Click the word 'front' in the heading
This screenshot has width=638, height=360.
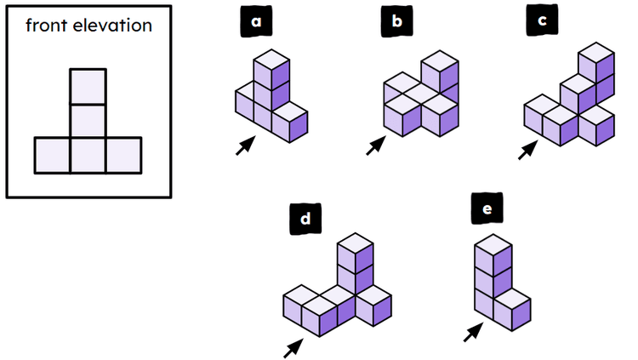47,26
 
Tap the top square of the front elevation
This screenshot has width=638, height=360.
88,86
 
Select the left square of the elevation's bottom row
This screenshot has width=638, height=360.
52,156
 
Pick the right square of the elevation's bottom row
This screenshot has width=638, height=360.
124,156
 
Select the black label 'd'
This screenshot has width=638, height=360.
304,220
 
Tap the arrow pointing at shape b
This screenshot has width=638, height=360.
375,146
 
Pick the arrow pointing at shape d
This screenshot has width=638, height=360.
293,346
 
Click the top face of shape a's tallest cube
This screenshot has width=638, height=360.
273,59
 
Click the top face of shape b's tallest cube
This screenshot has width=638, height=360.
440,61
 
